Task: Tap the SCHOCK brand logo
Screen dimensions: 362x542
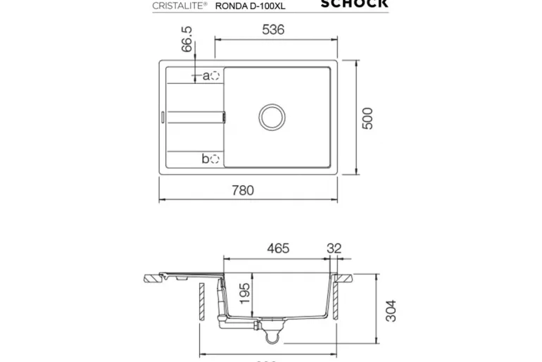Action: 354,4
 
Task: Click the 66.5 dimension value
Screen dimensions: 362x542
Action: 186,40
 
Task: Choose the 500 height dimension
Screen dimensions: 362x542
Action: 367,118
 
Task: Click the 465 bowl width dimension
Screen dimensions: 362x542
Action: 277,249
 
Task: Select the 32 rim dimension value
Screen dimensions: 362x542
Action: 334,249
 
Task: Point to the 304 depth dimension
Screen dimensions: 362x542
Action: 391,310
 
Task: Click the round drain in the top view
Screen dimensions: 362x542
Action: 271,116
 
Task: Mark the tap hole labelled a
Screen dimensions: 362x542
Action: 215,75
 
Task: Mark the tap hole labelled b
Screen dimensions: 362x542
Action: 215,159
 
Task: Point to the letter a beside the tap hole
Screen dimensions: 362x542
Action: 206,75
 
